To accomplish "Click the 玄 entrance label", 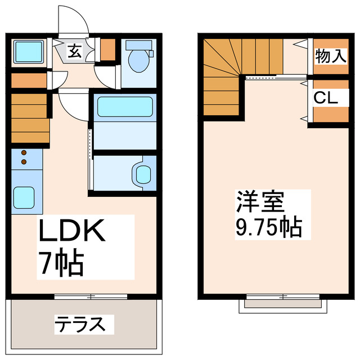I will coord(74,51).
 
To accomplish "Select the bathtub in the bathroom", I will coord(124,106).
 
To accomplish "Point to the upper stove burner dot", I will coord(24,152).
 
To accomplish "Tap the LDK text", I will coord(71,232).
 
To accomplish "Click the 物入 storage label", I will coord(329,55).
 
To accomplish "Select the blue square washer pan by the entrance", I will coord(25,51).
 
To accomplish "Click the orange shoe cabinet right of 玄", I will coord(108,51).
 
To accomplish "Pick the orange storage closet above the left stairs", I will coord(29,80).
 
